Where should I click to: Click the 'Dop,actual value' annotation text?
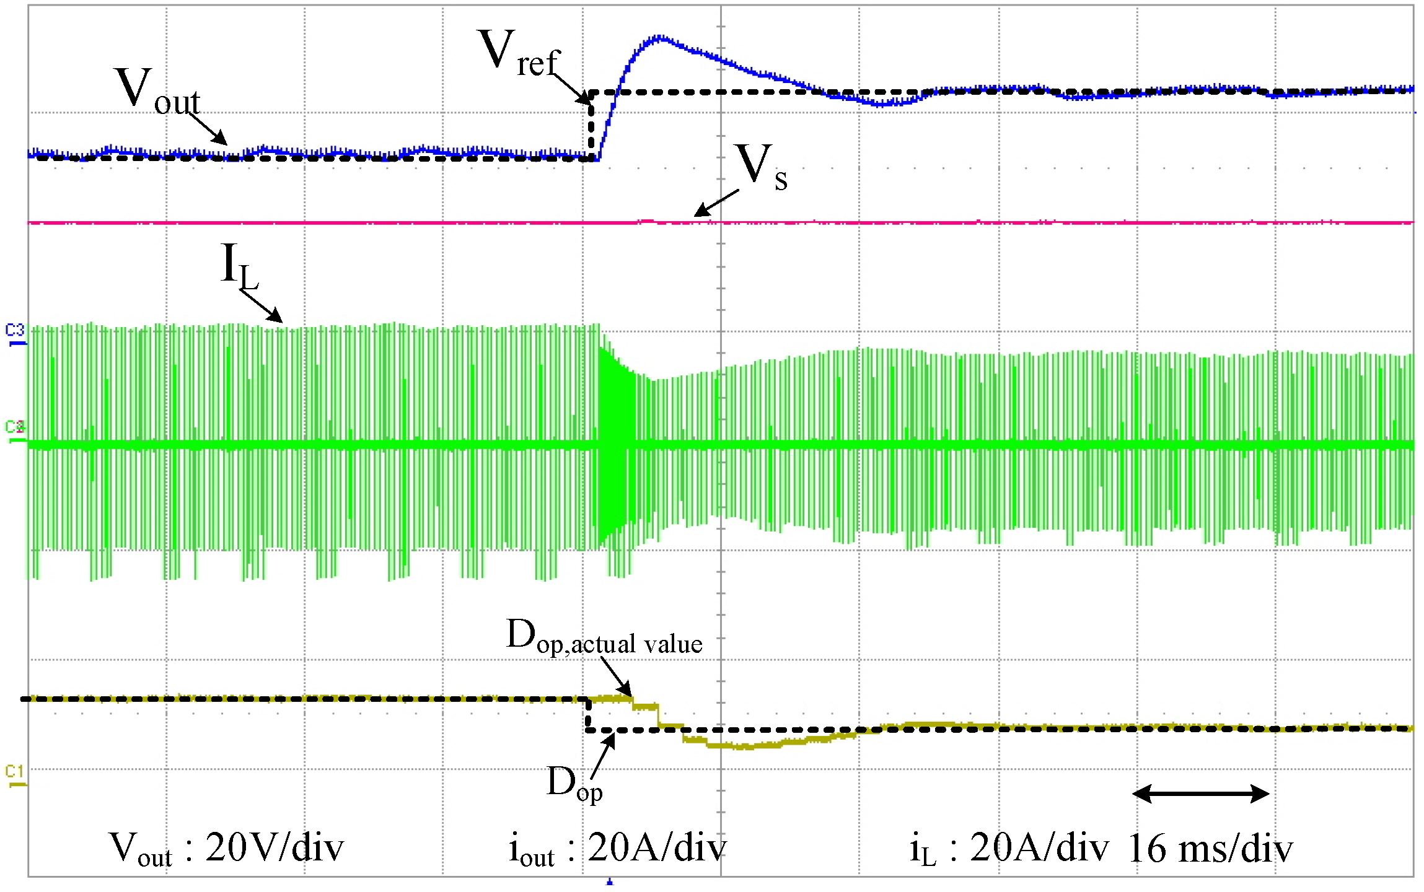tap(604, 637)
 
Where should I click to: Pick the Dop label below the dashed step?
tap(574, 784)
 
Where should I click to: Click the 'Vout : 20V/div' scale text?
tap(226, 849)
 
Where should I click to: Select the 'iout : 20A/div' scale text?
tap(617, 849)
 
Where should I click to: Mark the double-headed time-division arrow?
tap(1200, 794)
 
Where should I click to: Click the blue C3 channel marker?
tap(15, 333)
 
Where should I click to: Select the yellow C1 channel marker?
tap(15, 776)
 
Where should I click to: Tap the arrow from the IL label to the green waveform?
tap(261, 307)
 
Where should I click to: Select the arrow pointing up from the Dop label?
tap(603, 756)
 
